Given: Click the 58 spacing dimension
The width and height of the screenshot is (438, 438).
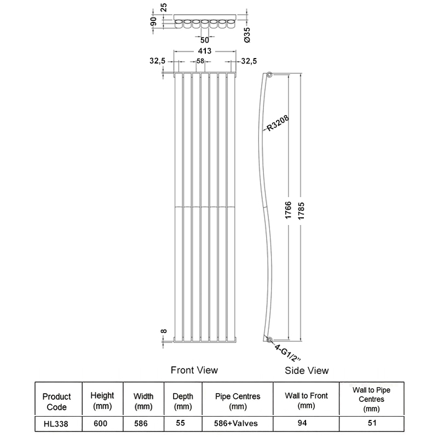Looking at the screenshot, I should point(200,61).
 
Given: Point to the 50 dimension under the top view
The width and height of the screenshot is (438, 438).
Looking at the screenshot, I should point(204,40).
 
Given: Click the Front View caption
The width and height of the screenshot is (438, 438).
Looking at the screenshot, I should point(194,370).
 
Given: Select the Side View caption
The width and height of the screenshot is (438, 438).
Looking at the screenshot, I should point(307,371).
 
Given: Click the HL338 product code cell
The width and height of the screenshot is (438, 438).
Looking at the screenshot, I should point(56,423).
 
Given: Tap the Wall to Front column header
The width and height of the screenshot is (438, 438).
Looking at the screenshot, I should point(305,401).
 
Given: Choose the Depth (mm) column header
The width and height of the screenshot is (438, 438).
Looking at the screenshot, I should point(183,401).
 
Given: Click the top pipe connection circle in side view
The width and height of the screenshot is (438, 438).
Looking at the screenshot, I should point(269,74).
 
